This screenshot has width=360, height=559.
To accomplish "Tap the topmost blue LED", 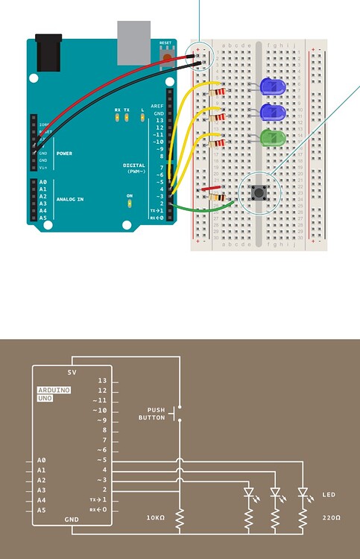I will (x=274, y=86).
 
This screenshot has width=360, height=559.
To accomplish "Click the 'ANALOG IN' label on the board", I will (x=70, y=200).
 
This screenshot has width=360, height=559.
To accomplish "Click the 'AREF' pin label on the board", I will (x=157, y=107).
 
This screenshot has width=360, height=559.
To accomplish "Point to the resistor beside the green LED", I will (x=218, y=142).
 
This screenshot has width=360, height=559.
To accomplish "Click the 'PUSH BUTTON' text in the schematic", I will (x=151, y=414).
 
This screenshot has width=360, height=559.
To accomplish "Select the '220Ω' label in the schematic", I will (x=332, y=516).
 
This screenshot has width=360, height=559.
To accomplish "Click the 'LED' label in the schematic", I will (x=329, y=494).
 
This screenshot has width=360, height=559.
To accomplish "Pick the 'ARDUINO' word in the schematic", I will (x=54, y=390).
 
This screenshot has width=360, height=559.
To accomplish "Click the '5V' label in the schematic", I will (x=72, y=372).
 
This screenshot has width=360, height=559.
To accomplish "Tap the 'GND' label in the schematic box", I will (x=72, y=519).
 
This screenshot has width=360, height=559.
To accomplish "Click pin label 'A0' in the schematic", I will (x=41, y=461).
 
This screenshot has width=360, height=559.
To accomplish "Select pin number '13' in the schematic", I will (x=102, y=381).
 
